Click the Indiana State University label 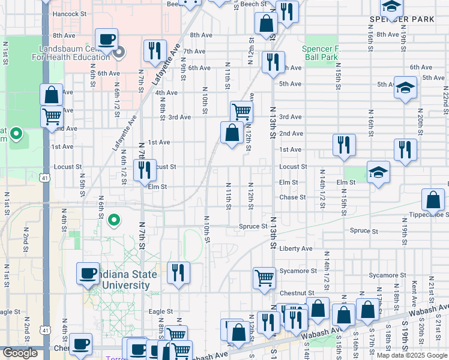tap(124, 280)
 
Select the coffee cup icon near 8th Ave tap(106, 40)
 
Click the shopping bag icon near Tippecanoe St tap(433, 200)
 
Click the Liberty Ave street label tap(296, 248)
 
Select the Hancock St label tap(69, 13)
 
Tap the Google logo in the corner tap(20, 353)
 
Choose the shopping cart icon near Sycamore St tap(264, 278)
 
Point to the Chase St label tap(293, 197)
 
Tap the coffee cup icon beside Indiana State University tap(88, 274)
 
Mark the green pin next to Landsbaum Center tap(118, 52)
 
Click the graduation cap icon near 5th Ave tap(405, 87)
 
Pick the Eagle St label tap(161, 311)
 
